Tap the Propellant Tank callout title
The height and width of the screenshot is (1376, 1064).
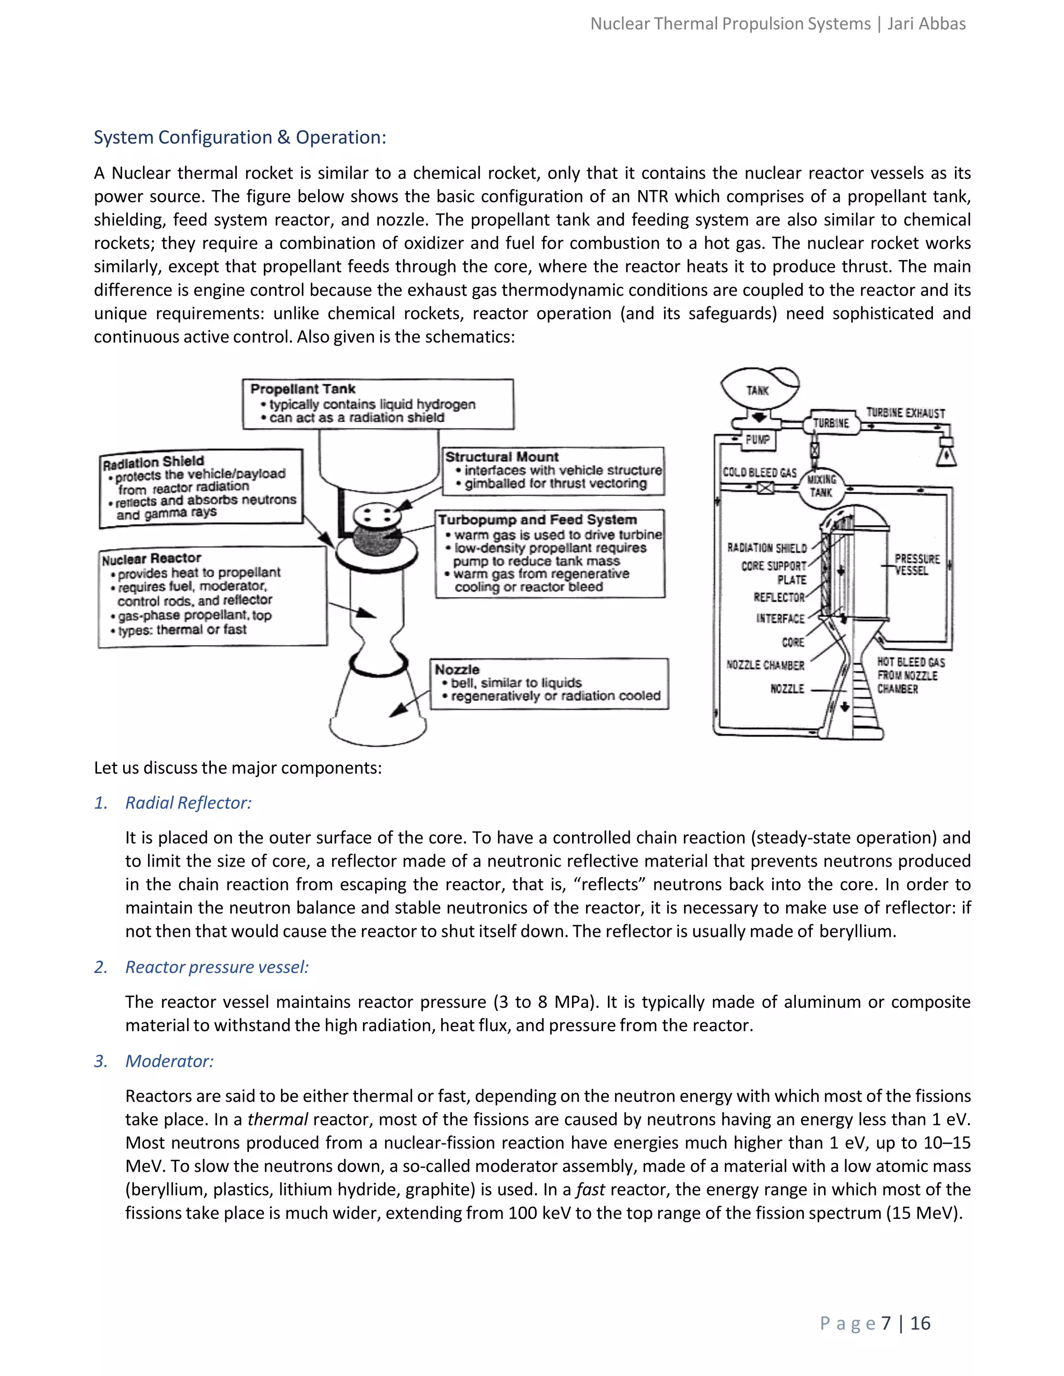(x=302, y=389)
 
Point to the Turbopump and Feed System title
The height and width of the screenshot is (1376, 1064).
(x=537, y=520)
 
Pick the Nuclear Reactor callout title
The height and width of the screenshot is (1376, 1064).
(x=151, y=559)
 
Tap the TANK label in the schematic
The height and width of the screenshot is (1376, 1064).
(x=757, y=390)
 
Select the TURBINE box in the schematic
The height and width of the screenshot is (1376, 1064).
(x=831, y=423)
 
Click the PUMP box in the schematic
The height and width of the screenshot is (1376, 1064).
(x=757, y=439)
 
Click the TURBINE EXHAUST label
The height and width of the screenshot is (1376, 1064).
(x=905, y=413)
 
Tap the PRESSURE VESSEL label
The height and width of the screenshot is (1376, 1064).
(x=916, y=564)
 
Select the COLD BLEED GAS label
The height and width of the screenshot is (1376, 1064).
(x=760, y=473)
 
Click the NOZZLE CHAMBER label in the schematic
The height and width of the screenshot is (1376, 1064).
(x=765, y=665)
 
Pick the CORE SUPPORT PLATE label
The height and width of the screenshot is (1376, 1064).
(x=774, y=573)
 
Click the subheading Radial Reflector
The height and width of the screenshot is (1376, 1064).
(x=188, y=803)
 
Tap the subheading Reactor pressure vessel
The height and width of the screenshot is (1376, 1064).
(x=217, y=967)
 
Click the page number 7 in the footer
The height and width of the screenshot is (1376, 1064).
(x=886, y=1323)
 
